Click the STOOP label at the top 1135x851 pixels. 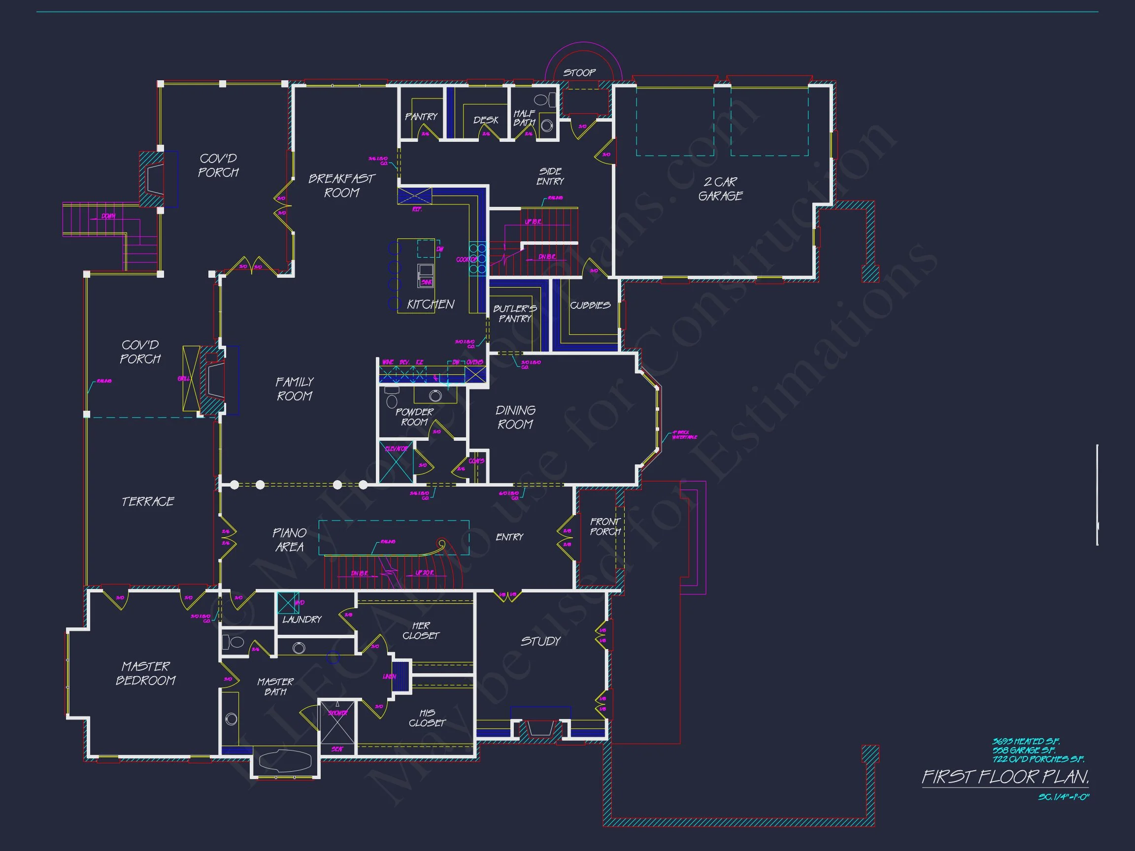pyautogui.click(x=579, y=73)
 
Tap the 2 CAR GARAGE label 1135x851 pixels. pyautogui.click(x=720, y=189)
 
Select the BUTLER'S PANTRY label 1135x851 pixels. pyautogui.click(x=515, y=313)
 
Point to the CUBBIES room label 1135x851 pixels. pyautogui.click(x=590, y=305)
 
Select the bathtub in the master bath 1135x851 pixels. pyautogui.click(x=285, y=761)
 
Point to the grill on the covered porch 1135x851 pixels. pyautogui.click(x=190, y=379)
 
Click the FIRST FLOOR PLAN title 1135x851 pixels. pyautogui.click(x=1004, y=777)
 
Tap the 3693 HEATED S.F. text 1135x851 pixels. pyautogui.click(x=1026, y=741)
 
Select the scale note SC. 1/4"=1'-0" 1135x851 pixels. pyautogui.click(x=1063, y=797)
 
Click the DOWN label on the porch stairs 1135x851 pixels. pyautogui.click(x=108, y=216)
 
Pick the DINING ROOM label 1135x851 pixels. pyautogui.click(x=515, y=417)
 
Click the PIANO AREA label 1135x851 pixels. pyautogui.click(x=289, y=540)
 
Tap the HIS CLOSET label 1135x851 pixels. pyautogui.click(x=427, y=718)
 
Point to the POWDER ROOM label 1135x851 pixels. pyautogui.click(x=414, y=417)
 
